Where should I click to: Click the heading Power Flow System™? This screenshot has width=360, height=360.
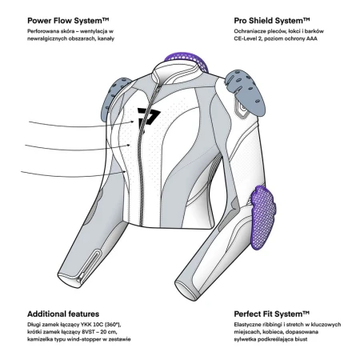point(68,21)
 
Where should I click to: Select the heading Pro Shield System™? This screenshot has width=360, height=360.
point(272,21)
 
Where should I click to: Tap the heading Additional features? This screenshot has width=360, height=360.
point(63,314)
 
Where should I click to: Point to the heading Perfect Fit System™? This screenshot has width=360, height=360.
point(272,314)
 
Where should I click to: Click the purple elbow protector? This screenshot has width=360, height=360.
point(262,218)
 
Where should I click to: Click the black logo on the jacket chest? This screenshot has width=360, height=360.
point(148,118)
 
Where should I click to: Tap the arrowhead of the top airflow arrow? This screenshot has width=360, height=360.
point(133,122)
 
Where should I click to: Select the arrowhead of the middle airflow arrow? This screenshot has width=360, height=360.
point(129,145)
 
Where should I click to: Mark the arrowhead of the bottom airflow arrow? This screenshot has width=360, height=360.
point(125,172)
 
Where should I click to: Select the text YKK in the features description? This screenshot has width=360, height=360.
point(87,325)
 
